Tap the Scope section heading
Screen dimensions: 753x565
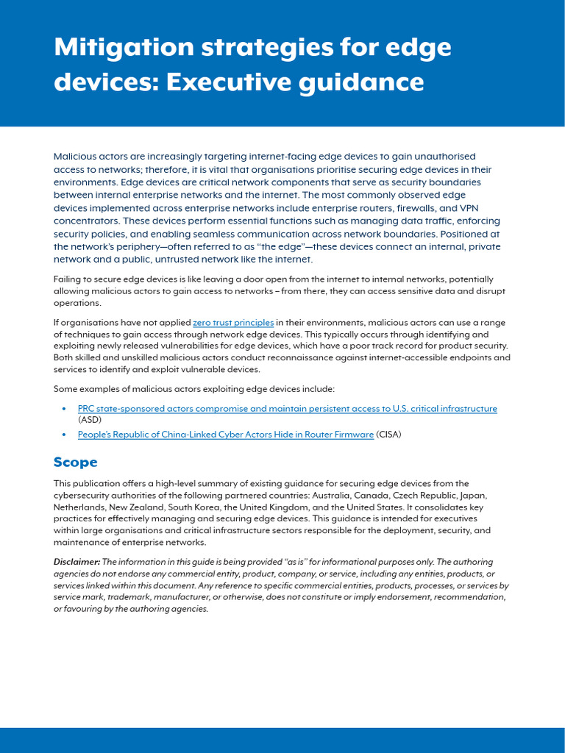tap(75, 463)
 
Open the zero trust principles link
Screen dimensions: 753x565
tap(233, 322)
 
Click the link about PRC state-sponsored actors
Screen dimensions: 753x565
tap(287, 408)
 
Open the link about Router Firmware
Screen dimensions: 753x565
tap(225, 435)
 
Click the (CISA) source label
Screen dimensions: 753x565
tap(389, 435)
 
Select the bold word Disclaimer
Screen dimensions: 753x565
tap(76, 562)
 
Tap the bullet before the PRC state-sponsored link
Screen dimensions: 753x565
tap(64, 409)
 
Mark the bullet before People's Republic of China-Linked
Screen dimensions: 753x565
tap(64, 435)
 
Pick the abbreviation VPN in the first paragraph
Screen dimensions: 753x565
tap(469, 208)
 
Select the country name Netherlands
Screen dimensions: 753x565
tap(79, 507)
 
